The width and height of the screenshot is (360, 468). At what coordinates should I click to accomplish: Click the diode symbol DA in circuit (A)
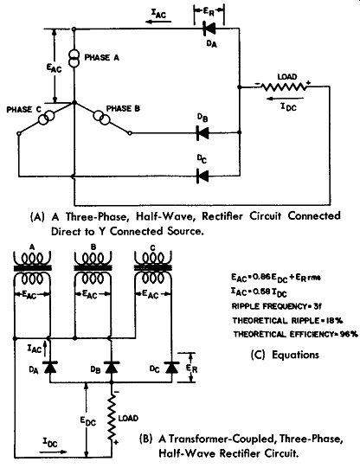tap(209, 29)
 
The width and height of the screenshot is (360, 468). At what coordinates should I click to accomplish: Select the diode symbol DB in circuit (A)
tap(202, 132)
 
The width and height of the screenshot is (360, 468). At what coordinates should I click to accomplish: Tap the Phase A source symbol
tap(74, 59)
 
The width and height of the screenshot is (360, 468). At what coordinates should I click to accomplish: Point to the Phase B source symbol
tap(101, 118)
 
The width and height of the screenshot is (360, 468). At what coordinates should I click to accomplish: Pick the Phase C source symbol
tap(46, 118)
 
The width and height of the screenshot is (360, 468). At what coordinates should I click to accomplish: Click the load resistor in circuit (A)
tap(284, 87)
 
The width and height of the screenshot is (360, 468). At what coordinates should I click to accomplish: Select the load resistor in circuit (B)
tap(112, 417)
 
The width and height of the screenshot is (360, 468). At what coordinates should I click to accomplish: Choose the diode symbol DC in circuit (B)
tap(171, 368)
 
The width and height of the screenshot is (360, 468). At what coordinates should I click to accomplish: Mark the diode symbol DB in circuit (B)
tap(112, 368)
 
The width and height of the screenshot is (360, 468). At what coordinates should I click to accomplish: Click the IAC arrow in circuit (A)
tap(158, 22)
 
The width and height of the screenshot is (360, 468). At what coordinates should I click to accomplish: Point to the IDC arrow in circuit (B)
tap(53, 452)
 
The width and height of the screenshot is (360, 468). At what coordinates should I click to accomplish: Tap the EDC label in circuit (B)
tap(88, 421)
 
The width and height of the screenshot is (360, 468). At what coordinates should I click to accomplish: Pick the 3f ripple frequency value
tap(317, 306)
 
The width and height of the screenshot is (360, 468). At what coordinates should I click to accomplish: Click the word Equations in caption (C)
tap(295, 355)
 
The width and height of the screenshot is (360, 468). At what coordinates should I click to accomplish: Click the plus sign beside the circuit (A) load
tap(308, 82)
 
